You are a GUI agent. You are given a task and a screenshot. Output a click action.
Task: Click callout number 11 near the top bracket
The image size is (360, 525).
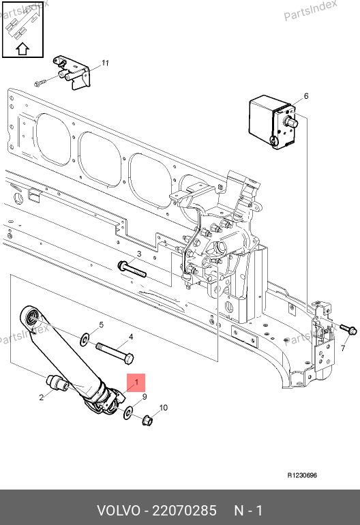(105, 63)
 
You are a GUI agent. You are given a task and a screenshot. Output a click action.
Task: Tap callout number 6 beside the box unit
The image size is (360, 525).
(305, 96)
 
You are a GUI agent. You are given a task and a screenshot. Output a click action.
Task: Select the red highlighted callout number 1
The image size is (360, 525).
(136, 382)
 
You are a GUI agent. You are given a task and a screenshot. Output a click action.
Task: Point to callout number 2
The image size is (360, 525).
(41, 397)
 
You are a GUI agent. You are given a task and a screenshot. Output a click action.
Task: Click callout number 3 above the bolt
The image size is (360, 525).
(139, 254)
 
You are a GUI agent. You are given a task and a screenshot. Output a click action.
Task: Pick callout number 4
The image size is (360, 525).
(131, 337)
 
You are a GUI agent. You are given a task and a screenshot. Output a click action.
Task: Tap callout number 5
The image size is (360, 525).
(101, 325)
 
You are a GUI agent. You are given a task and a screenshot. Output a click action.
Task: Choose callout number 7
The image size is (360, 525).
(343, 348)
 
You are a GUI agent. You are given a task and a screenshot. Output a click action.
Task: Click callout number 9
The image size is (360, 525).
(145, 397)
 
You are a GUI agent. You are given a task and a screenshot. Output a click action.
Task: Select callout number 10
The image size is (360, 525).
(163, 408)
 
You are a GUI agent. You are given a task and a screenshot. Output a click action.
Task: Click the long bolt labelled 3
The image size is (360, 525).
(132, 269)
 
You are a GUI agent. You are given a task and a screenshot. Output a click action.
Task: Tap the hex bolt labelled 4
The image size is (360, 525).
(115, 352)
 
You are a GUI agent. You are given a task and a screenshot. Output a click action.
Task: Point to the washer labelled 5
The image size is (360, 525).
(85, 340)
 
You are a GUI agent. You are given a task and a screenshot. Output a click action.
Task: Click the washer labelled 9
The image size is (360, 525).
(128, 412)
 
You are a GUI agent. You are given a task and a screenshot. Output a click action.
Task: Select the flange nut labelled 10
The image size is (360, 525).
(148, 420)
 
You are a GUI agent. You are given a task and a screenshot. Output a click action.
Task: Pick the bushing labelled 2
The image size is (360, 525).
(57, 382)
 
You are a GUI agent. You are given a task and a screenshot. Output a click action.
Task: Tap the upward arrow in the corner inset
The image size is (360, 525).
(22, 49)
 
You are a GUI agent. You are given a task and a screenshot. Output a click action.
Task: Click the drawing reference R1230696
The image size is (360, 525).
(302, 475)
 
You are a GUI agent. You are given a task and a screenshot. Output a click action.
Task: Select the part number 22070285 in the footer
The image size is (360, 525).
(185, 511)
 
